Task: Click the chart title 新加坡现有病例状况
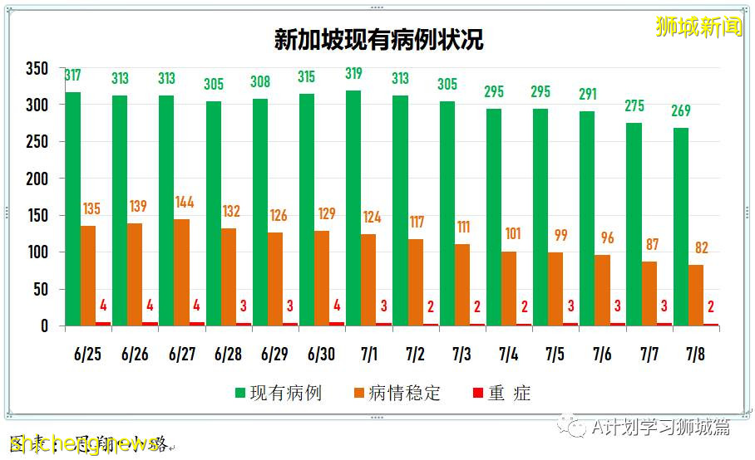click(378, 40)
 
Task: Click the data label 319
click(354, 74)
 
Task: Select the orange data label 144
click(185, 202)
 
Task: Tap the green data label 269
click(680, 111)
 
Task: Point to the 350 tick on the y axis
click(37, 69)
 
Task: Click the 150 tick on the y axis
click(37, 216)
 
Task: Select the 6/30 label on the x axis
click(321, 355)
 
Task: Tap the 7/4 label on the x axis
click(509, 355)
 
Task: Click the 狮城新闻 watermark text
click(698, 26)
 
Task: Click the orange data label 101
click(512, 234)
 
